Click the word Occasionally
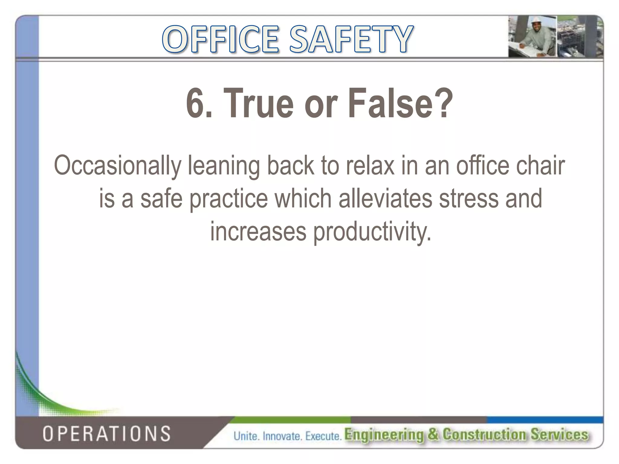pos(117,166)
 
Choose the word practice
pos(229,199)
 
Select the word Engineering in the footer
pos(384,434)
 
